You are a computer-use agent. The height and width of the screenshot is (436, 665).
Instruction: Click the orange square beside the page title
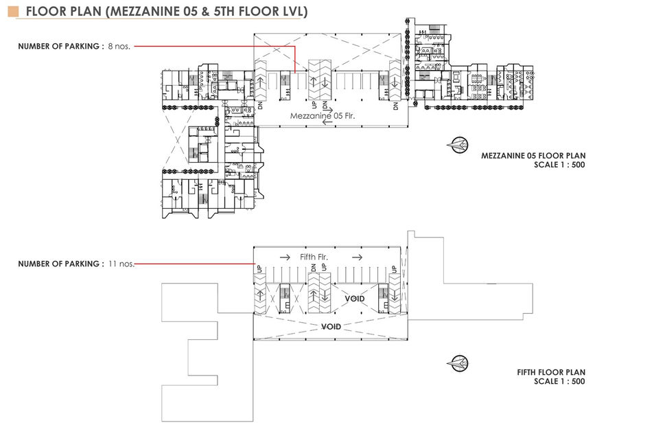[13, 12]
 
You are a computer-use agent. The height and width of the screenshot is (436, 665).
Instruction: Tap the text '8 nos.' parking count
[119, 46]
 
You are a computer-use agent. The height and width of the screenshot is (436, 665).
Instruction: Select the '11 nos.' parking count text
[121, 264]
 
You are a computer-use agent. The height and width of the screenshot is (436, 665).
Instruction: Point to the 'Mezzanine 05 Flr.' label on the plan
[323, 115]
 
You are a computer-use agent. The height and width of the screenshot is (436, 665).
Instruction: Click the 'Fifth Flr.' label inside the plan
[314, 257]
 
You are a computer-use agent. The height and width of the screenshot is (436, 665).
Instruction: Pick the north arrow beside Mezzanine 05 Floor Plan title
[458, 146]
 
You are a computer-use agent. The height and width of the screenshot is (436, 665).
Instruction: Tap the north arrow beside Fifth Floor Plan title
[458, 363]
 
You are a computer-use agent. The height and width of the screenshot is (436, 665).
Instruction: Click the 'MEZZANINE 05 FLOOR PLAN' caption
[533, 156]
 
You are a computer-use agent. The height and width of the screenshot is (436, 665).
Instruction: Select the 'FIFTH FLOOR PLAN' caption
[551, 372]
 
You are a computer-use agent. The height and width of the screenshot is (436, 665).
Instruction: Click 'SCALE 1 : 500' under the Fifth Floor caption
[559, 381]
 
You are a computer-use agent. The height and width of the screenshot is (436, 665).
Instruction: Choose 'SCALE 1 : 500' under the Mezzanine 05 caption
[559, 165]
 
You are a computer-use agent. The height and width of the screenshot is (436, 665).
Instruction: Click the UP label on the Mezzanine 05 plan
[314, 105]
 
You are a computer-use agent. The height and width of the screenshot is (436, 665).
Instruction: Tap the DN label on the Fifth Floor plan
[314, 268]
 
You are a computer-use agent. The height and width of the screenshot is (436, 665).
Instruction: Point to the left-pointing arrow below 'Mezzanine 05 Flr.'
[327, 123]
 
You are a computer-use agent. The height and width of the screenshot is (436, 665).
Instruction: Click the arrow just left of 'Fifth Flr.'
[285, 257]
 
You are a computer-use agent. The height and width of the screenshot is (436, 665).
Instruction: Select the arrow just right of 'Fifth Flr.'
[357, 257]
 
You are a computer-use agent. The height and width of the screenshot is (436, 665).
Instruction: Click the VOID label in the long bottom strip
[331, 327]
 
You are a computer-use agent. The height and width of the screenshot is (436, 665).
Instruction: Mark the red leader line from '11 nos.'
[194, 264]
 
